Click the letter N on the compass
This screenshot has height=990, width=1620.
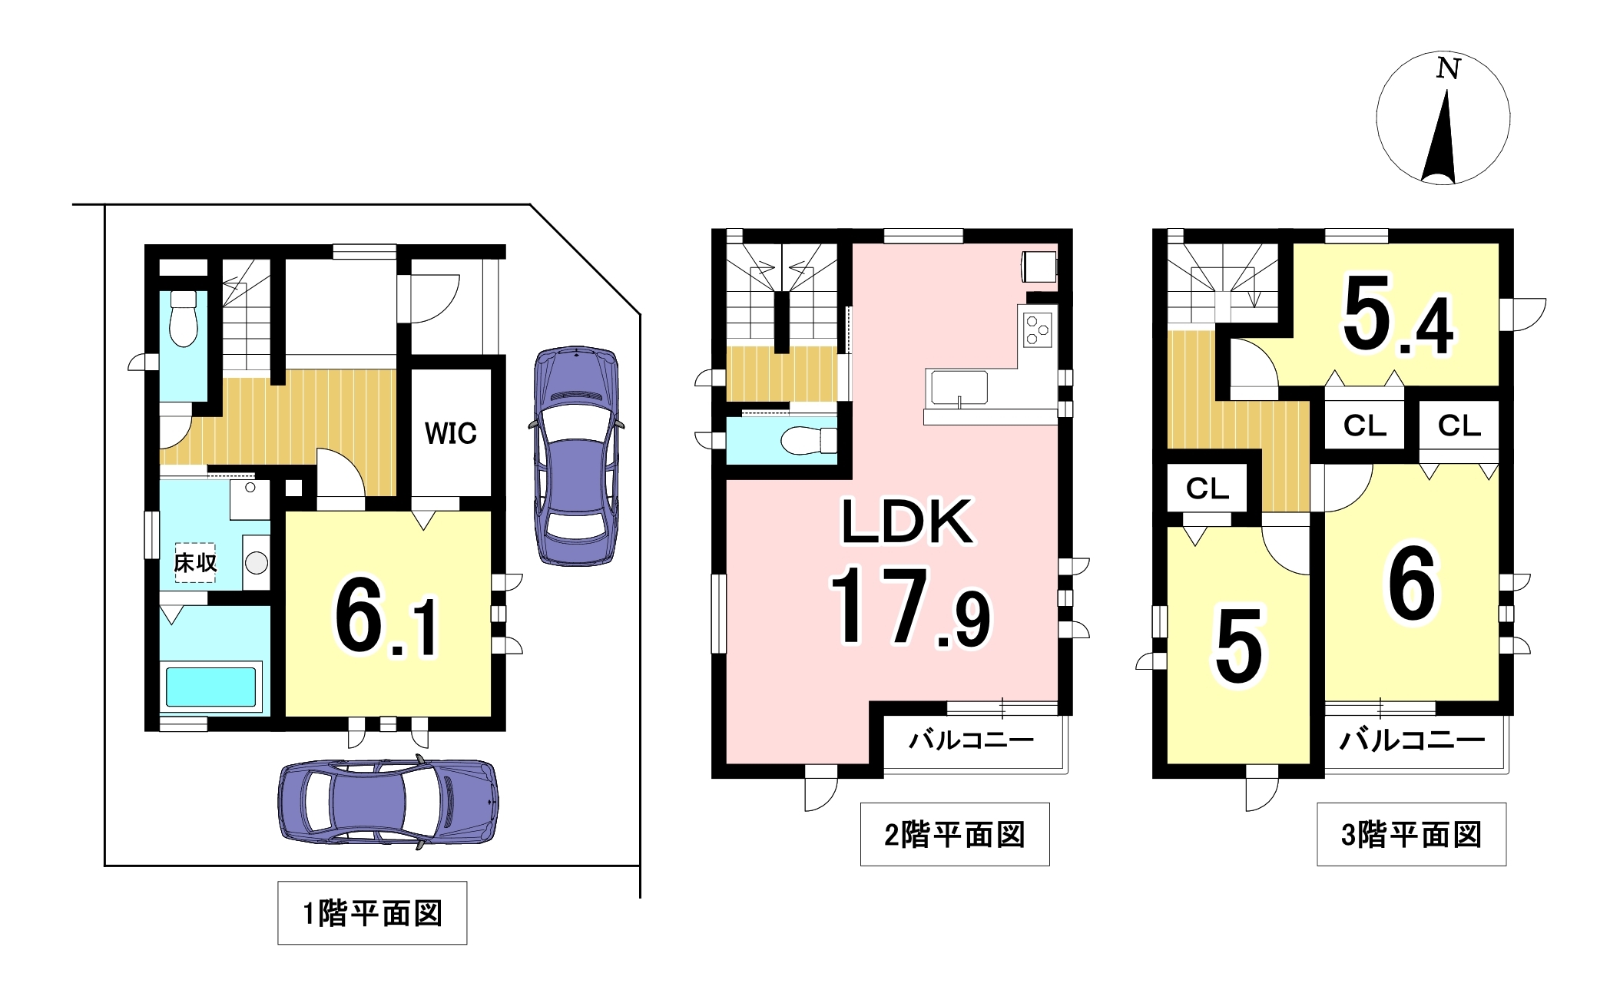[x=1448, y=69]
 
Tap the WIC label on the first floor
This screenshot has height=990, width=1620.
[x=451, y=433]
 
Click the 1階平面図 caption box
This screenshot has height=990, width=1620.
[x=372, y=912]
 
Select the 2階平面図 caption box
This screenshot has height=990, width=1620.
[x=955, y=834]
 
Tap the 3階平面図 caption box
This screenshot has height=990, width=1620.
[x=1412, y=834]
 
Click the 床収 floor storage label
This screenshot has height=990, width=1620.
[x=195, y=562]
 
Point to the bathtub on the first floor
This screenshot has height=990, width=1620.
[x=211, y=687]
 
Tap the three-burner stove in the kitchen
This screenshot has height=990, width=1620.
[x=1038, y=331]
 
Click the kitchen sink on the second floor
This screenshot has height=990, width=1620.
[x=959, y=387]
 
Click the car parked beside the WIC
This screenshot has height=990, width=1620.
[x=577, y=456]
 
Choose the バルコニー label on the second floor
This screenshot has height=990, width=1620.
[x=972, y=740]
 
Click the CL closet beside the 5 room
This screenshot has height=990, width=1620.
[x=1208, y=488]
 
